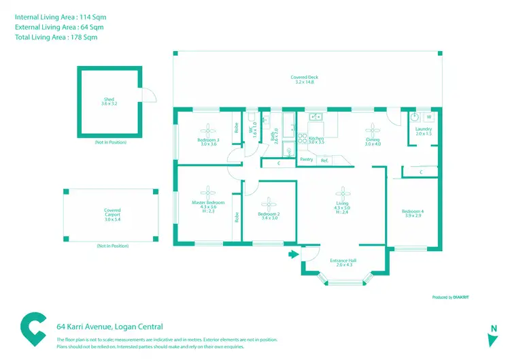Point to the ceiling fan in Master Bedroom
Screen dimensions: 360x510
(x=208, y=192)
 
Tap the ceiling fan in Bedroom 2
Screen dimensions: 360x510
(x=269, y=203)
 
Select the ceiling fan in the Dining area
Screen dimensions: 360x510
(x=373, y=127)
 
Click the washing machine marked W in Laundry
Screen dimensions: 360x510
(x=429, y=116)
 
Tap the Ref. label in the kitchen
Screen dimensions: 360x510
(x=324, y=160)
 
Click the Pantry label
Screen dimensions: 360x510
(x=306, y=160)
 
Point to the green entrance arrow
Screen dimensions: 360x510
(x=294, y=255)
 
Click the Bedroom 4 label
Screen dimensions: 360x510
(x=412, y=213)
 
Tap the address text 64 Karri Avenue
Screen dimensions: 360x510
(x=109, y=327)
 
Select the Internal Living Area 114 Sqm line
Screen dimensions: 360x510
(x=60, y=16)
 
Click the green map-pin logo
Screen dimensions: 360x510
(x=33, y=329)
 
